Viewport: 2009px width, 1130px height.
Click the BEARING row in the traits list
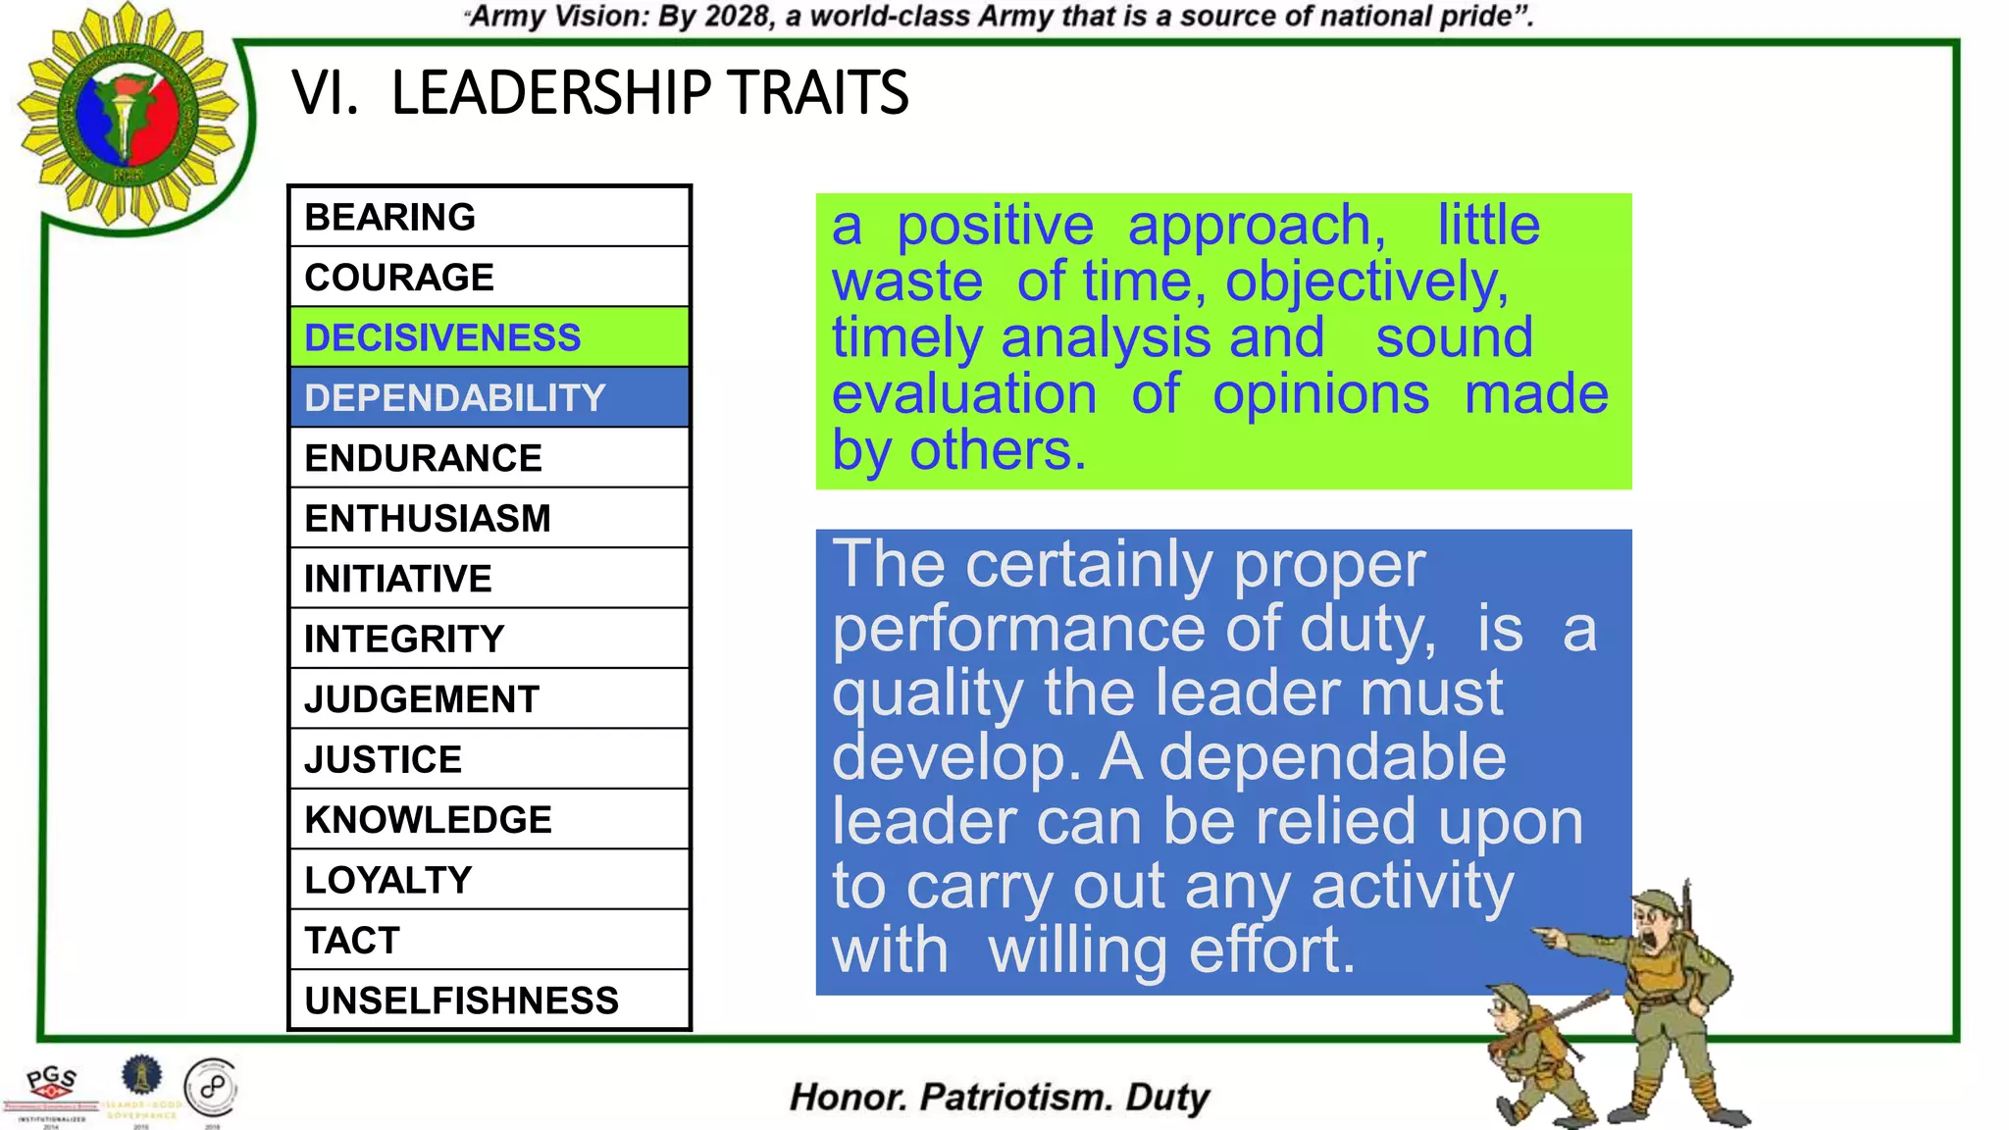[489, 217]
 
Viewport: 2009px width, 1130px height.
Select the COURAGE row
[489, 278]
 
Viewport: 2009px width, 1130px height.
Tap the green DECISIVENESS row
[489, 337]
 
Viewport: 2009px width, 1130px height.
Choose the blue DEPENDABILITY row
[489, 398]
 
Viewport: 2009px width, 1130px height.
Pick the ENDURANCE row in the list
[489, 458]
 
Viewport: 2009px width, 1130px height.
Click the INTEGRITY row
[489, 640]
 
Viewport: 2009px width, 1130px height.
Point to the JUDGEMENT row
[489, 699]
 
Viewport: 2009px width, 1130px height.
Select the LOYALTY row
[489, 880]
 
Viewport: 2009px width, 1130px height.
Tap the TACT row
[489, 941]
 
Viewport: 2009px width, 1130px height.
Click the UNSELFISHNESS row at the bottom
[489, 1001]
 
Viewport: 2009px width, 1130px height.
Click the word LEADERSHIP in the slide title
[550, 93]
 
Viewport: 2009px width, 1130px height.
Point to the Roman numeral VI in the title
[324, 93]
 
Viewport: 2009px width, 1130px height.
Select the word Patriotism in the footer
[1015, 1097]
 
